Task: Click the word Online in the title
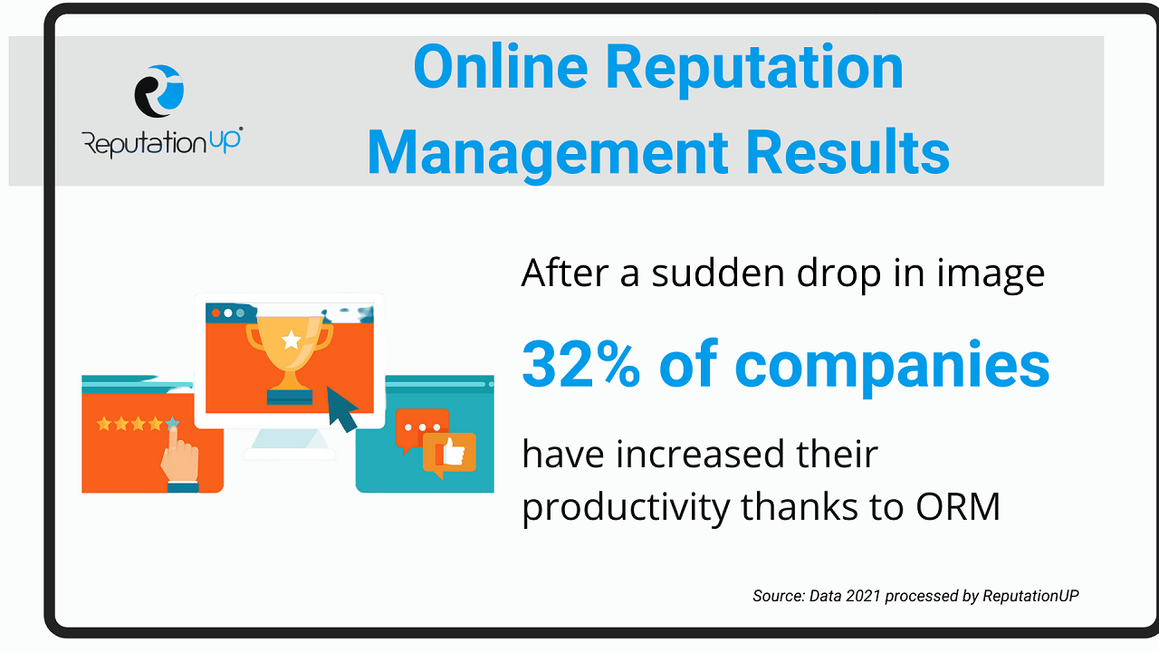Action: click(x=501, y=67)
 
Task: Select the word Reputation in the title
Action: click(x=754, y=71)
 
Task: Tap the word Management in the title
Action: click(x=548, y=154)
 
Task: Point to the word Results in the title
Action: click(x=848, y=151)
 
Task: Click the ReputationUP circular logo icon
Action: click(x=159, y=91)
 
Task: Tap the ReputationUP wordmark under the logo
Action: click(x=162, y=142)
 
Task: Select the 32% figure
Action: click(x=581, y=365)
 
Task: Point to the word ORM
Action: click(x=958, y=507)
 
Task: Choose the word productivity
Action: click(x=626, y=508)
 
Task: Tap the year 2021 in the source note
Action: click(x=863, y=596)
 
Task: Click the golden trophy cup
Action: click(x=289, y=353)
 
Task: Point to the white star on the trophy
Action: click(x=292, y=340)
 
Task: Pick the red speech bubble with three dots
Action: click(x=422, y=429)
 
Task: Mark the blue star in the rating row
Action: click(x=172, y=424)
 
